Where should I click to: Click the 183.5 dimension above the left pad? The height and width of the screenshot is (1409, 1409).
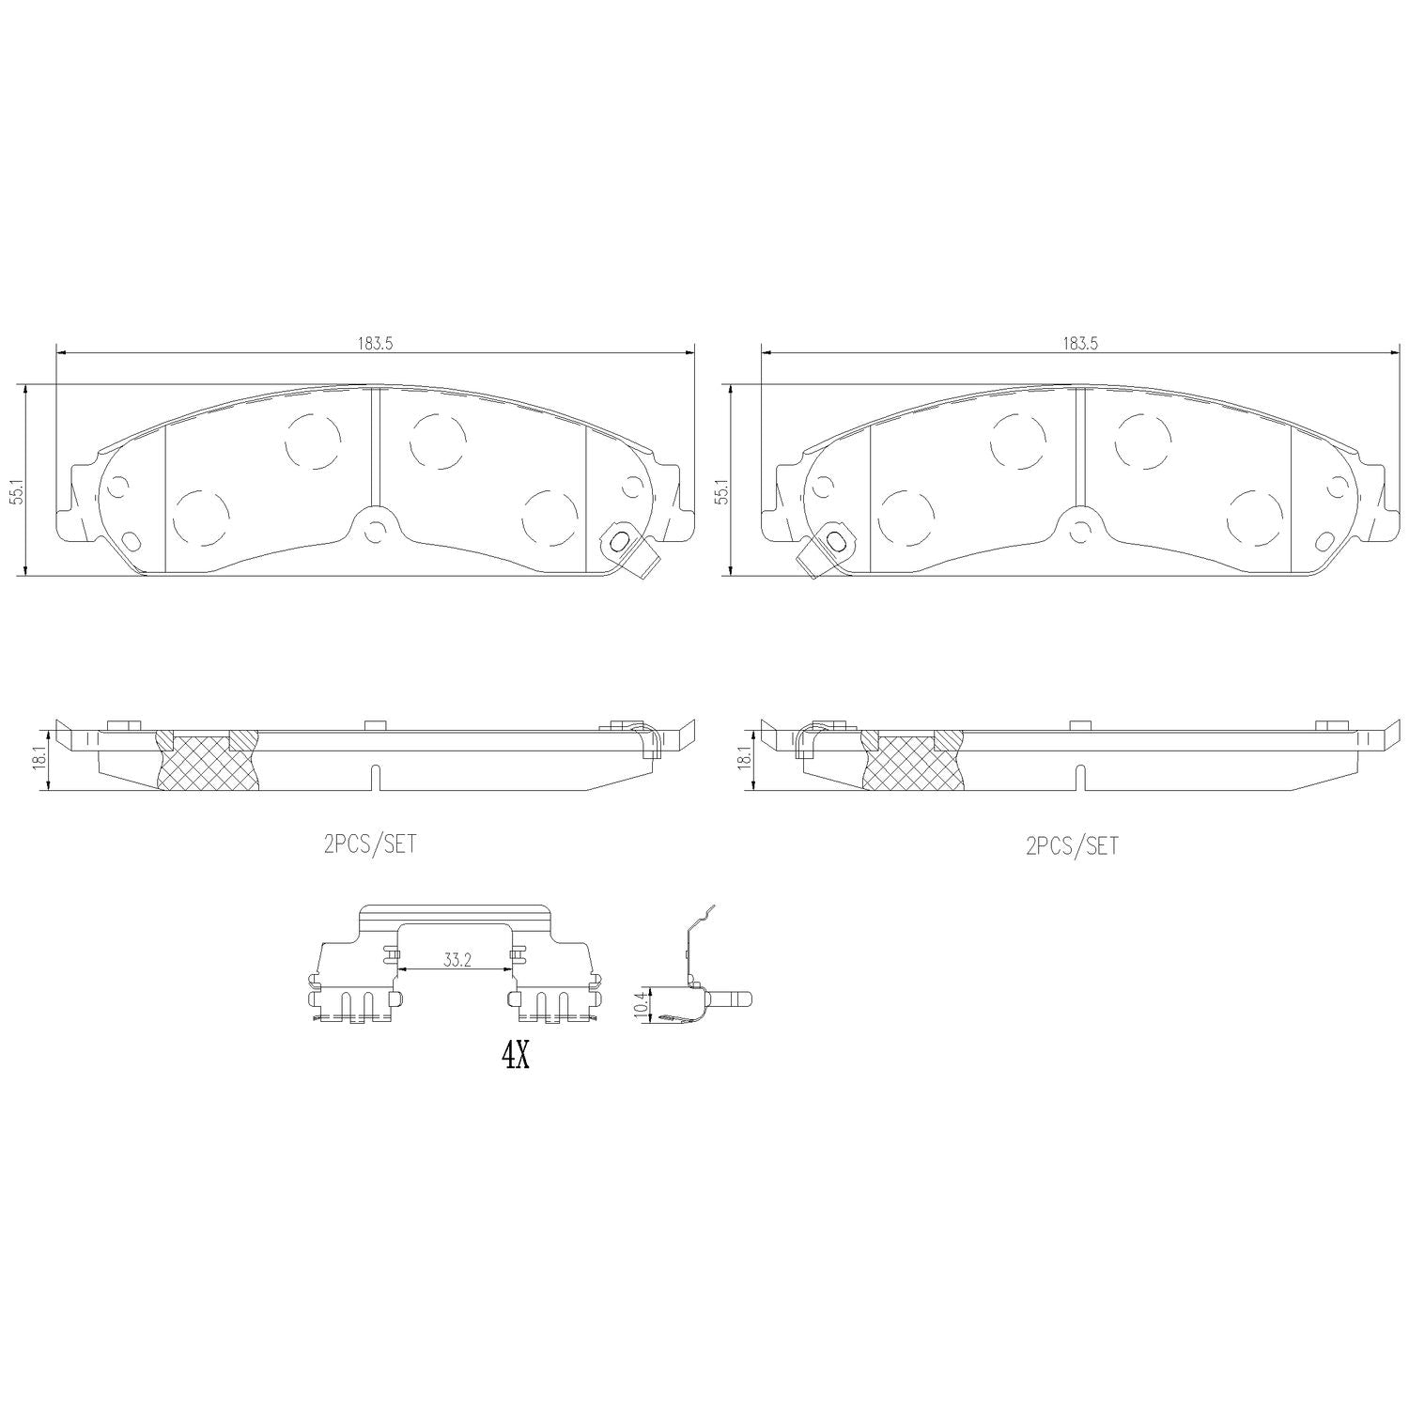click(374, 344)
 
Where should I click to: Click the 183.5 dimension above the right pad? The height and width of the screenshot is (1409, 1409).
click(1080, 344)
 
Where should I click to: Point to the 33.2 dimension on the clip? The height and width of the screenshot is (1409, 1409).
click(457, 961)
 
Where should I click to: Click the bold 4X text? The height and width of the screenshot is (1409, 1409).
click(515, 1056)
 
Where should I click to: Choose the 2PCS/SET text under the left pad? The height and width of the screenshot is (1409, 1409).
click(369, 844)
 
